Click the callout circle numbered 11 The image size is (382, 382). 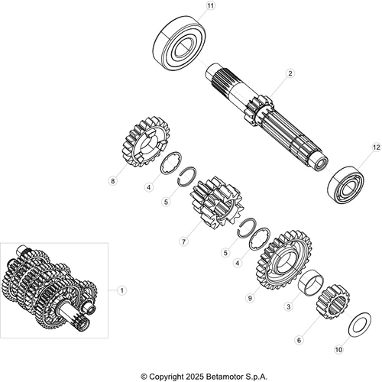[210, 6]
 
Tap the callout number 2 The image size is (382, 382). [290, 74]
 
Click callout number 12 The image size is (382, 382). [375, 147]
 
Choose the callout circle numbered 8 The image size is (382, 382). [113, 181]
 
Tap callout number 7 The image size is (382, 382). [183, 241]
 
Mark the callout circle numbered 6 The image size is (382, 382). [299, 341]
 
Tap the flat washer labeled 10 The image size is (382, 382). [355, 323]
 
